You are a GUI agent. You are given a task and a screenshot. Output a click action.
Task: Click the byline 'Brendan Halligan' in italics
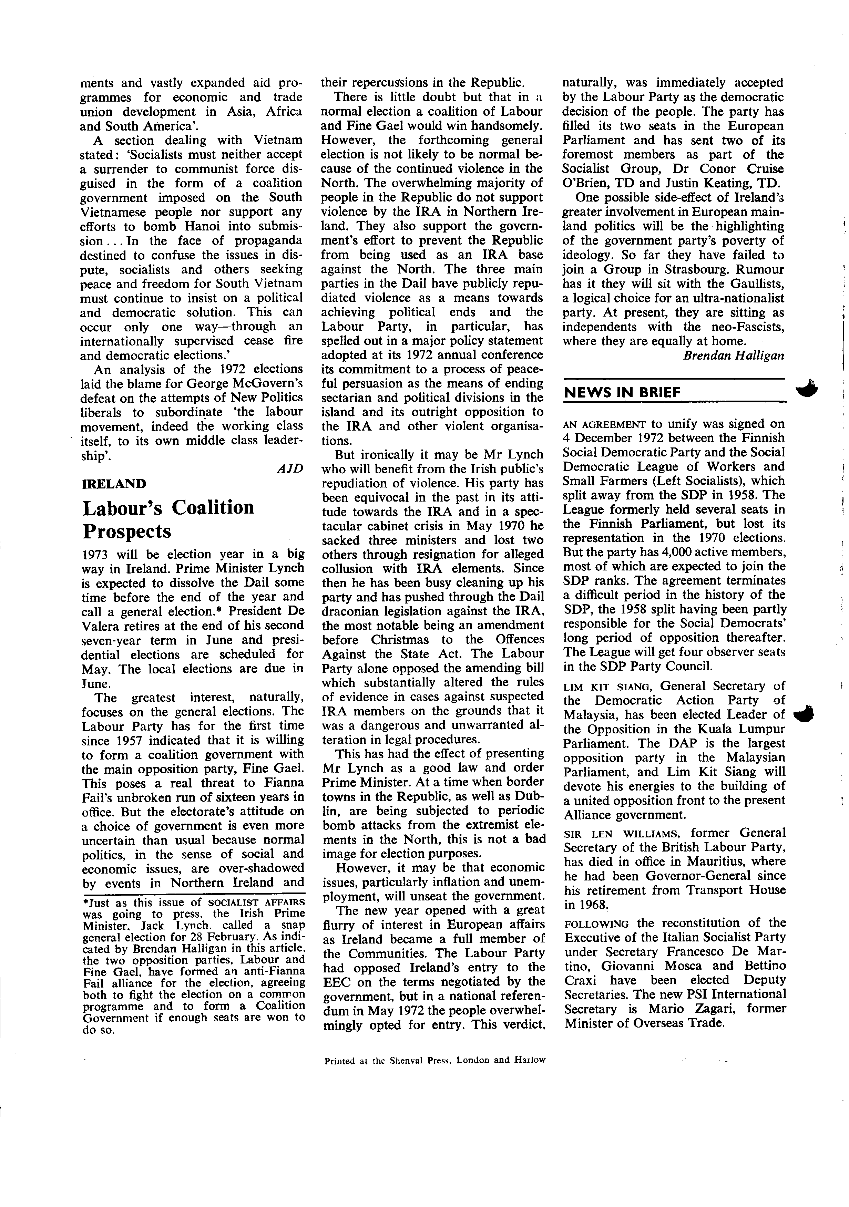(733, 355)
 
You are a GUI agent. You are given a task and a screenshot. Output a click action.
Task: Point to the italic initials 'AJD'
(290, 469)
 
